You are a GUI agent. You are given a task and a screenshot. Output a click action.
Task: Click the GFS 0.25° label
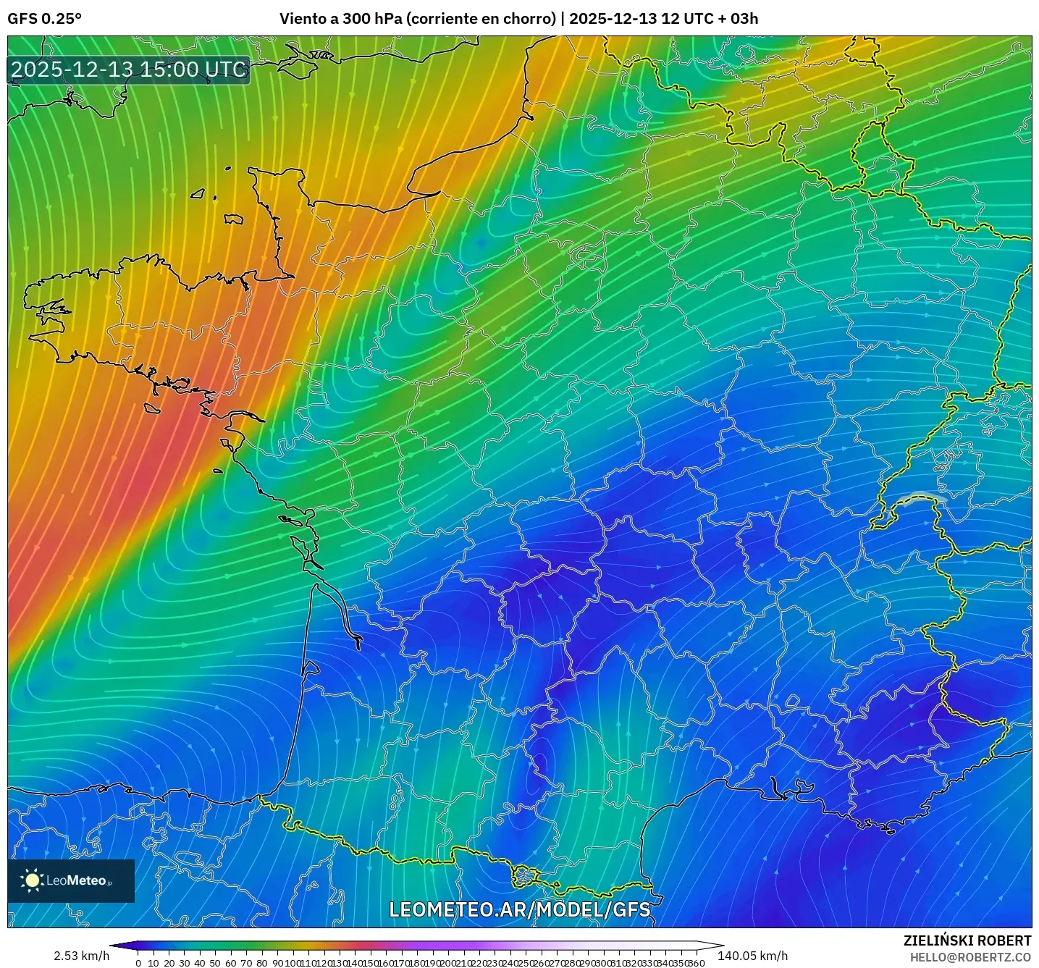click(44, 19)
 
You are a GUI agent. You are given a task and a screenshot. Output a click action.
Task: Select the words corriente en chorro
click(481, 19)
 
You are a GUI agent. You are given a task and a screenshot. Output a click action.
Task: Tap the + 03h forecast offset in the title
click(739, 19)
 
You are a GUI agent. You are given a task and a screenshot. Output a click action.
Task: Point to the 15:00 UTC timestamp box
click(129, 70)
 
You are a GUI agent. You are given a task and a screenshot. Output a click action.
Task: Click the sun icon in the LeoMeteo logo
click(33, 880)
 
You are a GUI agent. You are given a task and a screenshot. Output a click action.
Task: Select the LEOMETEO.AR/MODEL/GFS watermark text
click(519, 909)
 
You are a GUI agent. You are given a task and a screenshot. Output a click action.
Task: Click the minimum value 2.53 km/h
click(81, 956)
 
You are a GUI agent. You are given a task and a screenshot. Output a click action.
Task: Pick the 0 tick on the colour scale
click(138, 963)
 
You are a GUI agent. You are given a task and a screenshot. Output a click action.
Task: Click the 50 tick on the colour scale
click(215, 963)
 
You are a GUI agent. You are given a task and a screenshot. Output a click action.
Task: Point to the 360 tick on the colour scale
click(696, 963)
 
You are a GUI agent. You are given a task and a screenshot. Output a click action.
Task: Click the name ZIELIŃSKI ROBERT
click(967, 940)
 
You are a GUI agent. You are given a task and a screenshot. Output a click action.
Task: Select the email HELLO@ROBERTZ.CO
click(970, 957)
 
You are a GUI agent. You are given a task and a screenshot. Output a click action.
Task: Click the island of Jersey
click(233, 218)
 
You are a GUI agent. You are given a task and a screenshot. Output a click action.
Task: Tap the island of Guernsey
click(198, 194)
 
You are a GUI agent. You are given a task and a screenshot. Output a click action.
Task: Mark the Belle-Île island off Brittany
click(151, 408)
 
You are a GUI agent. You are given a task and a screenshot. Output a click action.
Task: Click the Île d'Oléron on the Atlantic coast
click(297, 543)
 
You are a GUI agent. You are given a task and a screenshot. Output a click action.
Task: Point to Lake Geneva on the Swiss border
click(921, 499)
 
